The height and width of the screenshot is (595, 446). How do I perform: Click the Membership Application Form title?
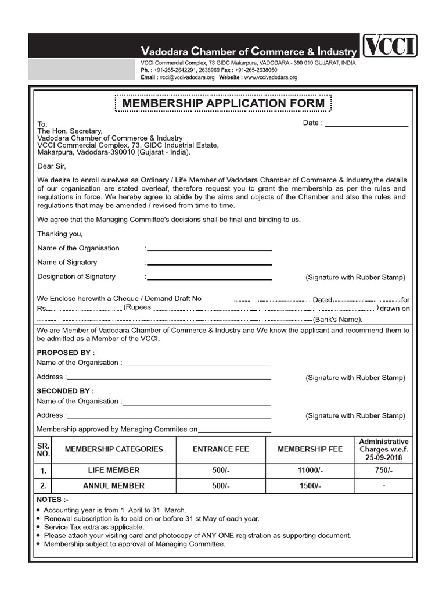[224, 104]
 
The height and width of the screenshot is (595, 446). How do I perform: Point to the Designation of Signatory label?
[76, 277]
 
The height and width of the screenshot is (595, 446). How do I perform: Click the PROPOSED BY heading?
[66, 352]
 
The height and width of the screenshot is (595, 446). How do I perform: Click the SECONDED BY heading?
[65, 391]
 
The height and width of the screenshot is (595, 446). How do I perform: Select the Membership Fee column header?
[310, 449]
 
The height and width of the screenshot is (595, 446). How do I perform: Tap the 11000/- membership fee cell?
[310, 470]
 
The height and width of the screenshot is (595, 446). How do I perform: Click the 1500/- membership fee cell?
[310, 486]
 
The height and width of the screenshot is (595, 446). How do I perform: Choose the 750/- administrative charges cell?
[384, 470]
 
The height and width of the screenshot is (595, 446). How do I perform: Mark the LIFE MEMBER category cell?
[114, 470]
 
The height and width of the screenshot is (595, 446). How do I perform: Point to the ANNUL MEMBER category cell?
[114, 486]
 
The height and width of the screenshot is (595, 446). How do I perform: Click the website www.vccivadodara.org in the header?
[271, 77]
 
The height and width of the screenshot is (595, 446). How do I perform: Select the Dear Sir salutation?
[53, 166]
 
